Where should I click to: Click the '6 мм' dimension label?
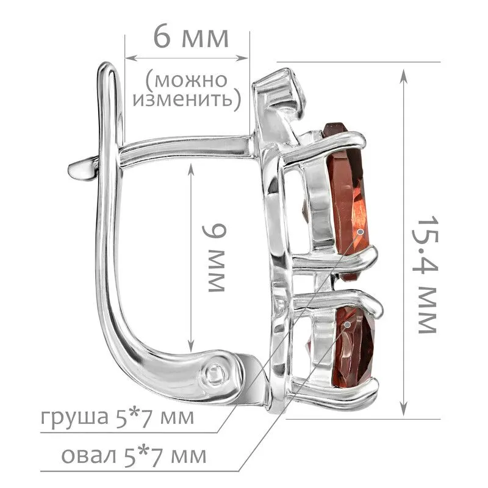191,38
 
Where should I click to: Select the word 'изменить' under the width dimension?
183,99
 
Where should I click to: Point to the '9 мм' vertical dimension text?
214,258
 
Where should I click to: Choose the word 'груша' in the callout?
74,417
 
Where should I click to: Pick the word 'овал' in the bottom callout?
88,456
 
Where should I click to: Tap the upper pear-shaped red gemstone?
347,199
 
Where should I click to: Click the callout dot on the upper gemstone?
361,232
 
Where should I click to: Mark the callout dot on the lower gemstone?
348,325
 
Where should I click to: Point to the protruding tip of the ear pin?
71,170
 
